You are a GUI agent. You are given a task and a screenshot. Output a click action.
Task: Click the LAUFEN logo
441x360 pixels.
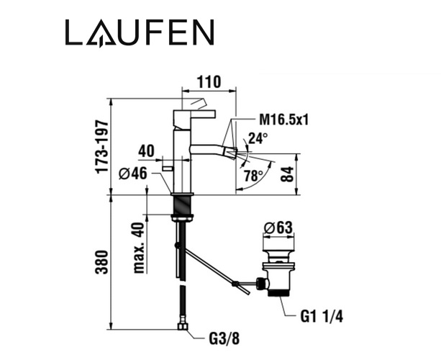click(x=140, y=32)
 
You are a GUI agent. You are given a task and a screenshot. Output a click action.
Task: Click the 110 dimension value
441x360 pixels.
click(x=209, y=82)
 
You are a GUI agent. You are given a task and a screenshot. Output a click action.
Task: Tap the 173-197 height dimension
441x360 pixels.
click(x=102, y=147)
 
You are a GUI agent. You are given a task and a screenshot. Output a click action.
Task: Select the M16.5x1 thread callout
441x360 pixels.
click(x=283, y=120)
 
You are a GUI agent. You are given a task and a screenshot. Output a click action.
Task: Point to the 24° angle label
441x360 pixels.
click(x=258, y=138)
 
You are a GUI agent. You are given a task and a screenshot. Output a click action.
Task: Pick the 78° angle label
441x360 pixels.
click(x=253, y=176)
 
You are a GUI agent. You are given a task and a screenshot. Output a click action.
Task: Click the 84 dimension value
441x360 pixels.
click(x=288, y=174)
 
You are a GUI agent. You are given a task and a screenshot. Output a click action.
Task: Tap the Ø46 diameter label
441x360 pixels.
click(x=133, y=173)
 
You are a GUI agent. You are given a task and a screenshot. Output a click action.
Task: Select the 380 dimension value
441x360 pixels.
click(x=102, y=262)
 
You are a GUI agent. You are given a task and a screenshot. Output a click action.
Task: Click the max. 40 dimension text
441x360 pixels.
click(x=139, y=248)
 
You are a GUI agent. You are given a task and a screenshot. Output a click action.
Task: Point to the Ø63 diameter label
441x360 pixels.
click(x=278, y=228)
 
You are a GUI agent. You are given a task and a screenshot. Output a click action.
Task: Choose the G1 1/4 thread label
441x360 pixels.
click(x=322, y=317)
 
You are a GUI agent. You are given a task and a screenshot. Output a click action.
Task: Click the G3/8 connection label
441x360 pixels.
click(x=224, y=338)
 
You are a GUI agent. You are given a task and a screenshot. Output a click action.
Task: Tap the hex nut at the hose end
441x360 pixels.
click(x=183, y=326)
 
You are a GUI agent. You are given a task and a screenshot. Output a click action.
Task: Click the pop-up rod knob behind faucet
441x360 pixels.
click(x=168, y=168)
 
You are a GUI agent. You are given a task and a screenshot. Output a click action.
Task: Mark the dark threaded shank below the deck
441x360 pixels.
click(x=183, y=205)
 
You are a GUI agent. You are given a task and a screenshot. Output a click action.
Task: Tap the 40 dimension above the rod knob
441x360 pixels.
click(x=146, y=151)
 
